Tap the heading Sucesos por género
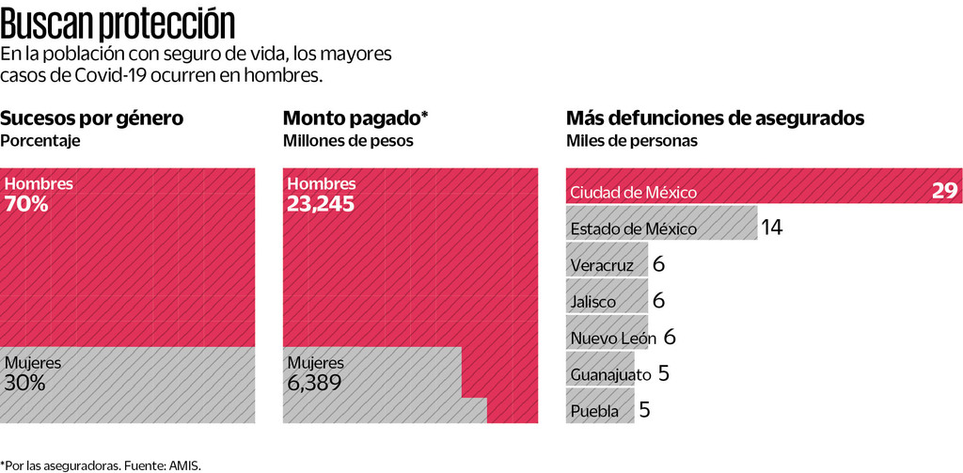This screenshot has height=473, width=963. (91, 118)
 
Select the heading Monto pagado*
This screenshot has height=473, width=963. (355, 118)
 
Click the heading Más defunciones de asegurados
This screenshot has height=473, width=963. (715, 118)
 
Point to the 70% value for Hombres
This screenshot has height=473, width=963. (26, 203)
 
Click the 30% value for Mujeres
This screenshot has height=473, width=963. (25, 383)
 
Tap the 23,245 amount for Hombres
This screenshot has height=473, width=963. (321, 203)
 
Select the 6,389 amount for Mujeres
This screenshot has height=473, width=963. (314, 383)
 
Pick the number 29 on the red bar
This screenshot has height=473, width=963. (944, 191)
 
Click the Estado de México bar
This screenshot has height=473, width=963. (661, 229)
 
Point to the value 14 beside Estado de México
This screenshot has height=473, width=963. (772, 228)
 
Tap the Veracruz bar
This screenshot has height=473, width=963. (607, 265)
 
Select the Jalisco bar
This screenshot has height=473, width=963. (607, 302)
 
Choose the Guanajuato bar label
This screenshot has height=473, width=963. (610, 374)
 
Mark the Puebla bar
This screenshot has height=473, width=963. (600, 411)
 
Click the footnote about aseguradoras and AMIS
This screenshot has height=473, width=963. (101, 465)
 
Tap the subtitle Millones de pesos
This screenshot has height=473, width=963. (348, 141)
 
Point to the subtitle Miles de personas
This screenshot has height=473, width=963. (632, 141)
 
